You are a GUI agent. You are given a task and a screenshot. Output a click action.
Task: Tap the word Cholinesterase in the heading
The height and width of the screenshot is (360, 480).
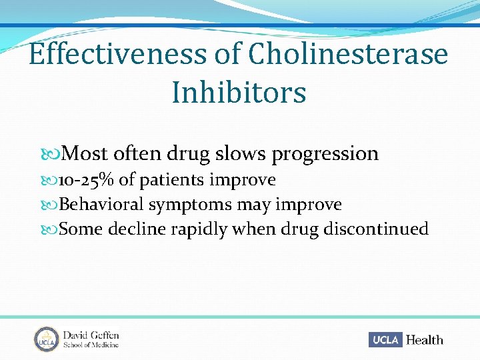(x=348, y=54)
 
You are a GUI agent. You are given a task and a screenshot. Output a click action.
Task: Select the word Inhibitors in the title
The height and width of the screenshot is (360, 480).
(x=239, y=92)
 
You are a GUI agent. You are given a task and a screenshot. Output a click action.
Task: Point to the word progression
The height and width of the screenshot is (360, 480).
(x=325, y=154)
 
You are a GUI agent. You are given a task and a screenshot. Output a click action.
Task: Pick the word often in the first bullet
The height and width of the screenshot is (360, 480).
(x=137, y=153)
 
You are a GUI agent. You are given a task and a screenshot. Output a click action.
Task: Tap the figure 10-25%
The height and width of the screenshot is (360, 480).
(x=87, y=180)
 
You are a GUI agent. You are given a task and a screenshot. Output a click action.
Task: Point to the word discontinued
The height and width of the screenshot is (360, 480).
(x=376, y=229)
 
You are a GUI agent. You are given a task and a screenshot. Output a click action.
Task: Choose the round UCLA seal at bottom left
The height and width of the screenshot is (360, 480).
(x=46, y=339)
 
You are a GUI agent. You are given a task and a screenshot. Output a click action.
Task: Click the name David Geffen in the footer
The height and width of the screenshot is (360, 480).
(x=91, y=335)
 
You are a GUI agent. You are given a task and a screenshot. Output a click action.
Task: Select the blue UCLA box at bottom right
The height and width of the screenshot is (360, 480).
(x=385, y=340)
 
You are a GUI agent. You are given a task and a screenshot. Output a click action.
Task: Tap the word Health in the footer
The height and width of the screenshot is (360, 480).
(x=425, y=340)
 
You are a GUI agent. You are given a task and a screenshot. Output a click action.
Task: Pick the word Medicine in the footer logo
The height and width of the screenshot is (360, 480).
(x=106, y=345)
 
